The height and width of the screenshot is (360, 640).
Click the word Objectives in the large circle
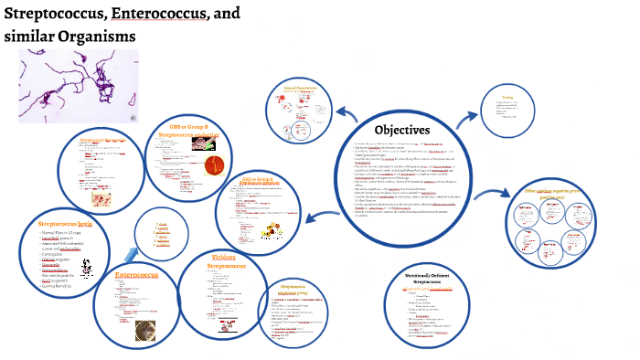pyautogui.click(x=402, y=129)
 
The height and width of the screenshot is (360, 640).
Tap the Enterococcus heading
pyautogui.click(x=145, y=274)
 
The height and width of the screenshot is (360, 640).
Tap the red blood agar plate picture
pyautogui.click(x=214, y=167)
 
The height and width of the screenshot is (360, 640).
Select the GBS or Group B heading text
pyautogui.click(x=188, y=129)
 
